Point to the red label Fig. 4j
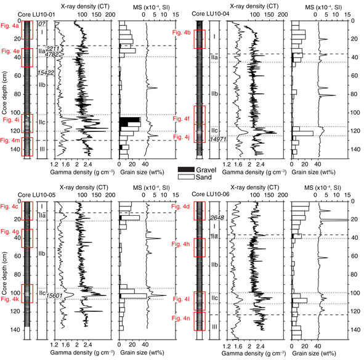pyautogui.click(x=183, y=138)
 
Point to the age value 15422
pyautogui.click(x=46, y=73)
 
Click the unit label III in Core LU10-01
pyautogui.click(x=42, y=149)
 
